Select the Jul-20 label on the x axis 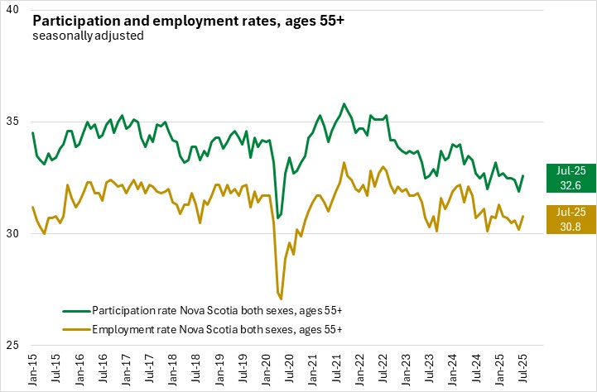[x=290, y=366]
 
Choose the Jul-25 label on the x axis [x=523, y=366]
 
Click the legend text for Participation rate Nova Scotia [x=217, y=310]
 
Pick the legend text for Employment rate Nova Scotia [x=217, y=329]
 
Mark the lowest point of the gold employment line [x=282, y=299]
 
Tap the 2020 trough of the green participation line [x=278, y=218]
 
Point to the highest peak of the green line [x=344, y=104]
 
